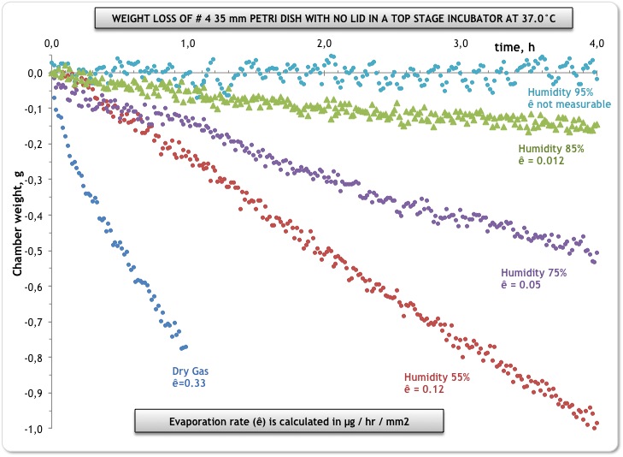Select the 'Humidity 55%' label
coord(437,377)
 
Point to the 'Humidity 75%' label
coord(533,273)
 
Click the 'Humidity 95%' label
coord(561,92)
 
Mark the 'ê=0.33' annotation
coord(190,383)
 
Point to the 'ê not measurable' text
coord(568,104)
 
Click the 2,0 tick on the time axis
coord(324,43)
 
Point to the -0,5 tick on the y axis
coord(31,252)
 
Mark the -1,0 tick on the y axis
coord(31,429)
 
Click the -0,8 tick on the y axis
coord(31,358)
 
